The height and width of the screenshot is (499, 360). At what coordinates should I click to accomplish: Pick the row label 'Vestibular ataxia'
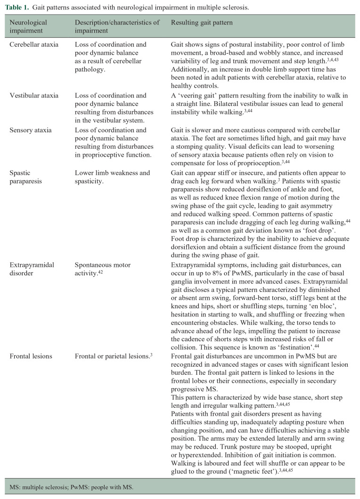click(34, 96)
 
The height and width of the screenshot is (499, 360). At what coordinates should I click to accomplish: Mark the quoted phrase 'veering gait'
click(195, 95)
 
